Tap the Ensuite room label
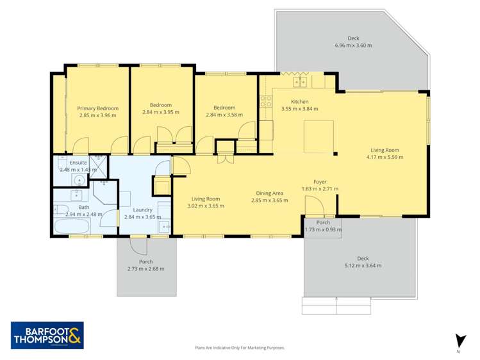click(x=78, y=163)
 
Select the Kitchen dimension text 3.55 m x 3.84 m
click(x=300, y=109)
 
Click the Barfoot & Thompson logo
click(x=46, y=335)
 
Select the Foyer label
click(x=320, y=182)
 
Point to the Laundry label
click(x=142, y=210)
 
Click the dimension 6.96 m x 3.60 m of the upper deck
click(x=353, y=45)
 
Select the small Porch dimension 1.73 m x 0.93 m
click(x=323, y=229)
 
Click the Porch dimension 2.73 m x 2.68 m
click(x=145, y=268)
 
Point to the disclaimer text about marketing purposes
click(x=240, y=348)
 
